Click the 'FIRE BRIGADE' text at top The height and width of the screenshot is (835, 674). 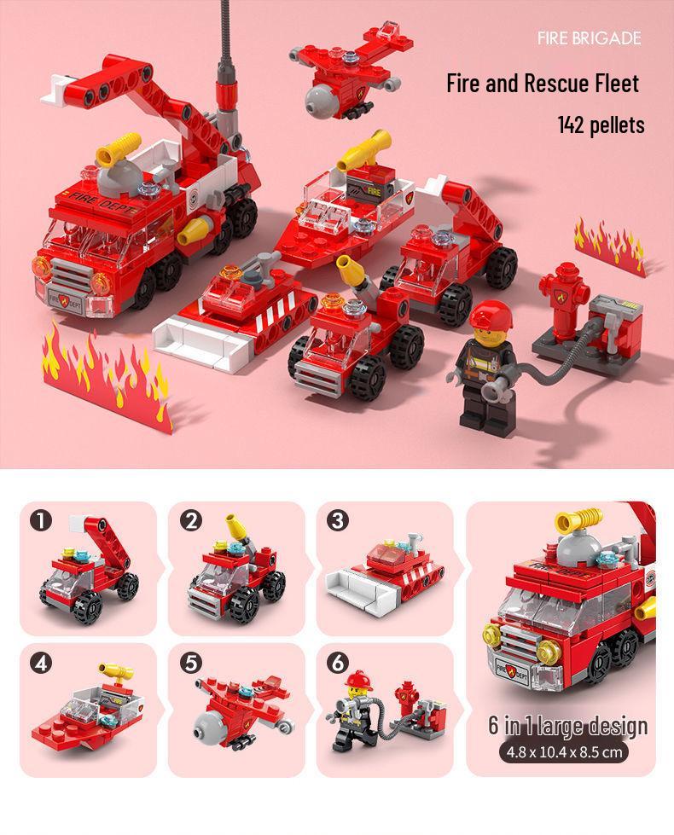(589, 38)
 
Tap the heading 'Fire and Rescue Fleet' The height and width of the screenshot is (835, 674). (543, 84)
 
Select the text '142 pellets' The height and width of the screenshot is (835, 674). (601, 125)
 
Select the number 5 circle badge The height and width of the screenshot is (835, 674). (190, 663)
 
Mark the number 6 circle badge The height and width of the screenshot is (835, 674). (339, 663)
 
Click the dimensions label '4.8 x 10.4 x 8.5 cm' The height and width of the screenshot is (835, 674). (567, 751)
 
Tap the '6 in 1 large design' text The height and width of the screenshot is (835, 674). (567, 726)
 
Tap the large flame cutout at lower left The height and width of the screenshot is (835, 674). (107, 375)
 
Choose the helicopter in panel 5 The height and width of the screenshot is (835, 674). (239, 708)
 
